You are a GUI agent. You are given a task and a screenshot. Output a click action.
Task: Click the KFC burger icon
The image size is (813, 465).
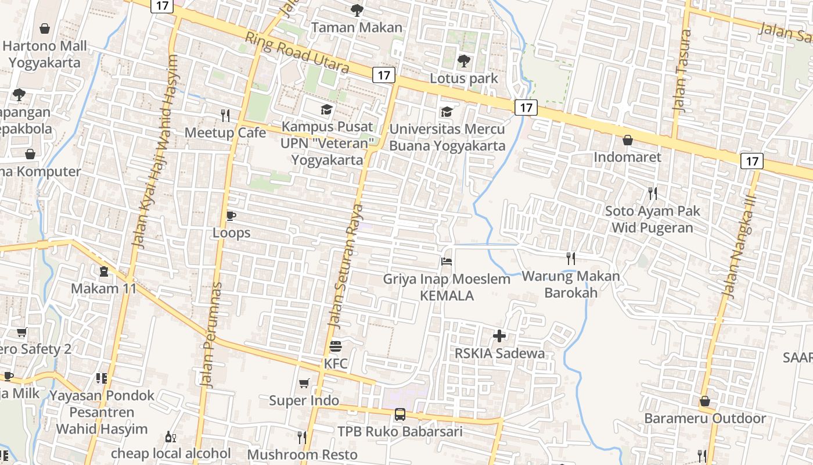tap(336, 347)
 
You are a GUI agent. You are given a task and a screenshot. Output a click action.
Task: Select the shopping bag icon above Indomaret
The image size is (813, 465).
tap(627, 140)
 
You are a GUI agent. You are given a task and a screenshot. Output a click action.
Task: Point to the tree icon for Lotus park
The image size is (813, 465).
tap(463, 60)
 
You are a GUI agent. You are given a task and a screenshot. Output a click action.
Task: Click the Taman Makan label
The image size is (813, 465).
tap(357, 27)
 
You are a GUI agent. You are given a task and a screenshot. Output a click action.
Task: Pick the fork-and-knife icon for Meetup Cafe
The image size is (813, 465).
tap(225, 115)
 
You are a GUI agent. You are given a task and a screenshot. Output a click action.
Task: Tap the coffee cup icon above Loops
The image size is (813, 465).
tap(231, 216)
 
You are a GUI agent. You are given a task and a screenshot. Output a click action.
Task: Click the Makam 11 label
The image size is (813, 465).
tap(103, 288)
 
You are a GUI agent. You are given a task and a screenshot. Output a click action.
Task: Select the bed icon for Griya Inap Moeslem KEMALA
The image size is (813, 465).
tap(447, 262)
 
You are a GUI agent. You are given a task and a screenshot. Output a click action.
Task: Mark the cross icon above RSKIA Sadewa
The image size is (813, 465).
tap(499, 336)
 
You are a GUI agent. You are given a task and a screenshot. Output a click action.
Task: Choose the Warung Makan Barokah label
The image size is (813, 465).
tap(571, 284)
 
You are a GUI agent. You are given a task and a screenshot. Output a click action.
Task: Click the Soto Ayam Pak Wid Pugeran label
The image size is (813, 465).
tap(653, 219)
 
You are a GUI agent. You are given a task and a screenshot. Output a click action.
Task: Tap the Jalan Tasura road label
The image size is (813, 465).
tap(681, 70)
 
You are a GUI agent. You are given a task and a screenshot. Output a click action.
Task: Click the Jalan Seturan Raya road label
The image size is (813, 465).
tap(346, 264)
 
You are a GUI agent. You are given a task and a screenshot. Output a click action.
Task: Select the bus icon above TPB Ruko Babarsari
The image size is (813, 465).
tap(400, 414)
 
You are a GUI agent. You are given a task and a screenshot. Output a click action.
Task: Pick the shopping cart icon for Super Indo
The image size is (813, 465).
tap(304, 384)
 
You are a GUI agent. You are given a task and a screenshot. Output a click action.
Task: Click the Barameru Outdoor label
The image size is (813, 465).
tap(705, 419)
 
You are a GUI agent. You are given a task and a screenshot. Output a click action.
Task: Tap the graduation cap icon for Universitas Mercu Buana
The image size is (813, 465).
tap(447, 112)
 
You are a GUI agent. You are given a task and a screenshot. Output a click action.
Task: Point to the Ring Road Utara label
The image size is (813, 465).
tap(297, 53)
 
